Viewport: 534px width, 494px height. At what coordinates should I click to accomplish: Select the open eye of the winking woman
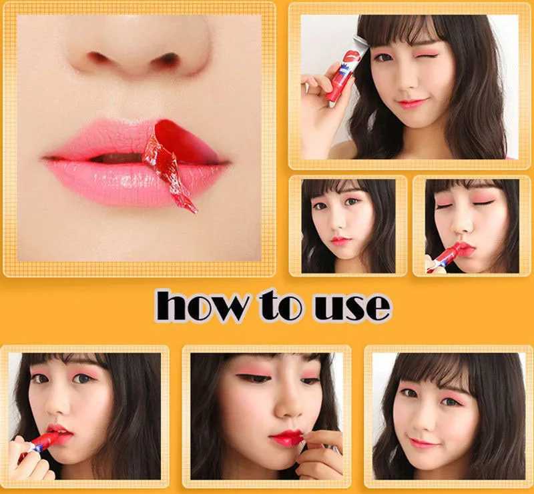tap(383, 58)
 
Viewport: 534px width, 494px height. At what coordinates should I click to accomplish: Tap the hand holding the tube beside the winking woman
tap(319, 87)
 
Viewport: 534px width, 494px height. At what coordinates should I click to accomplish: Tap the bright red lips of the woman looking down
tap(287, 438)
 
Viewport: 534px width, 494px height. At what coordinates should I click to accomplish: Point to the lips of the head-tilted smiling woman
tap(425, 443)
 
